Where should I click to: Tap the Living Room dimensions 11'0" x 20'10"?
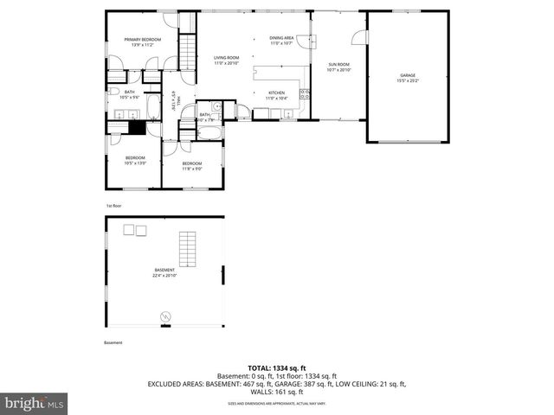226,62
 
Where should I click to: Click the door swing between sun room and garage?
358,37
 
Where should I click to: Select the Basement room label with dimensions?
164,273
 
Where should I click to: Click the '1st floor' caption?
113,207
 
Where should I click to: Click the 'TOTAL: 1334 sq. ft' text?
277,367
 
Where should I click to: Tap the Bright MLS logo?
35,403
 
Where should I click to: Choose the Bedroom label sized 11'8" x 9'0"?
191,166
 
